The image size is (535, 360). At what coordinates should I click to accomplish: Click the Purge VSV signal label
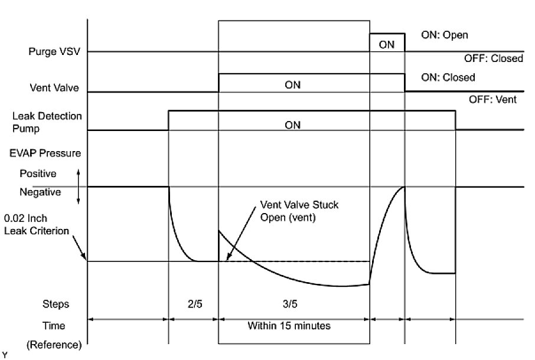click(x=54, y=52)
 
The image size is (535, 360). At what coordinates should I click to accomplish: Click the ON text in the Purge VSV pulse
click(x=387, y=44)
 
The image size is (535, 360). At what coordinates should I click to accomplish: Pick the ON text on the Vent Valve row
click(x=292, y=85)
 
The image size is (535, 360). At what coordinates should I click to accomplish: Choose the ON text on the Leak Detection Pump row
click(x=292, y=125)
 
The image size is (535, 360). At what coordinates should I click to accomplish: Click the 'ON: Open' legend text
click(x=444, y=35)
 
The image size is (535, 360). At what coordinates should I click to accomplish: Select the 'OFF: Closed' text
click(x=495, y=58)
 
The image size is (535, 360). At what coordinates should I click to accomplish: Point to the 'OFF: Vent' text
click(x=492, y=100)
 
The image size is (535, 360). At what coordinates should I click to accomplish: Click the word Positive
click(x=38, y=174)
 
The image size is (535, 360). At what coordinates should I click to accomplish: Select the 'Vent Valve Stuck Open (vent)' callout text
click(x=299, y=210)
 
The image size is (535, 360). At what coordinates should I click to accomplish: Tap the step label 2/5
click(x=193, y=305)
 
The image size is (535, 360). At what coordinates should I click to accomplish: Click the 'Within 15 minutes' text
click(x=289, y=325)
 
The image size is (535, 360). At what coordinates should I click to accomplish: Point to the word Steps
click(x=56, y=305)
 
